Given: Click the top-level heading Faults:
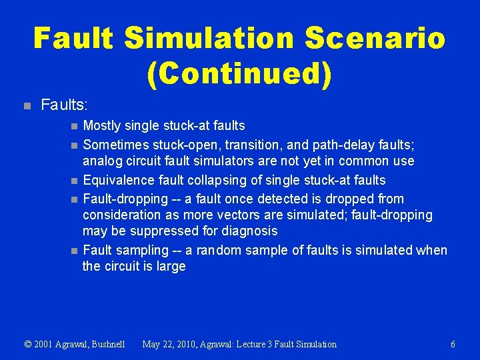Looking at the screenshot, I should (65, 105).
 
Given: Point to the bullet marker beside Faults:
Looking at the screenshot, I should (27, 105).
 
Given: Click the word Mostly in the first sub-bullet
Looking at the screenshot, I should (102, 125).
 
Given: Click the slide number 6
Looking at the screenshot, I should (453, 344).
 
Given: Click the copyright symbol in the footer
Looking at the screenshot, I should (27, 344).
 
